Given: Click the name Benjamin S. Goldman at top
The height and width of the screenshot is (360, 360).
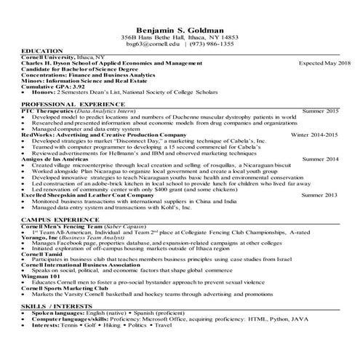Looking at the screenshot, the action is click(180, 27).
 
